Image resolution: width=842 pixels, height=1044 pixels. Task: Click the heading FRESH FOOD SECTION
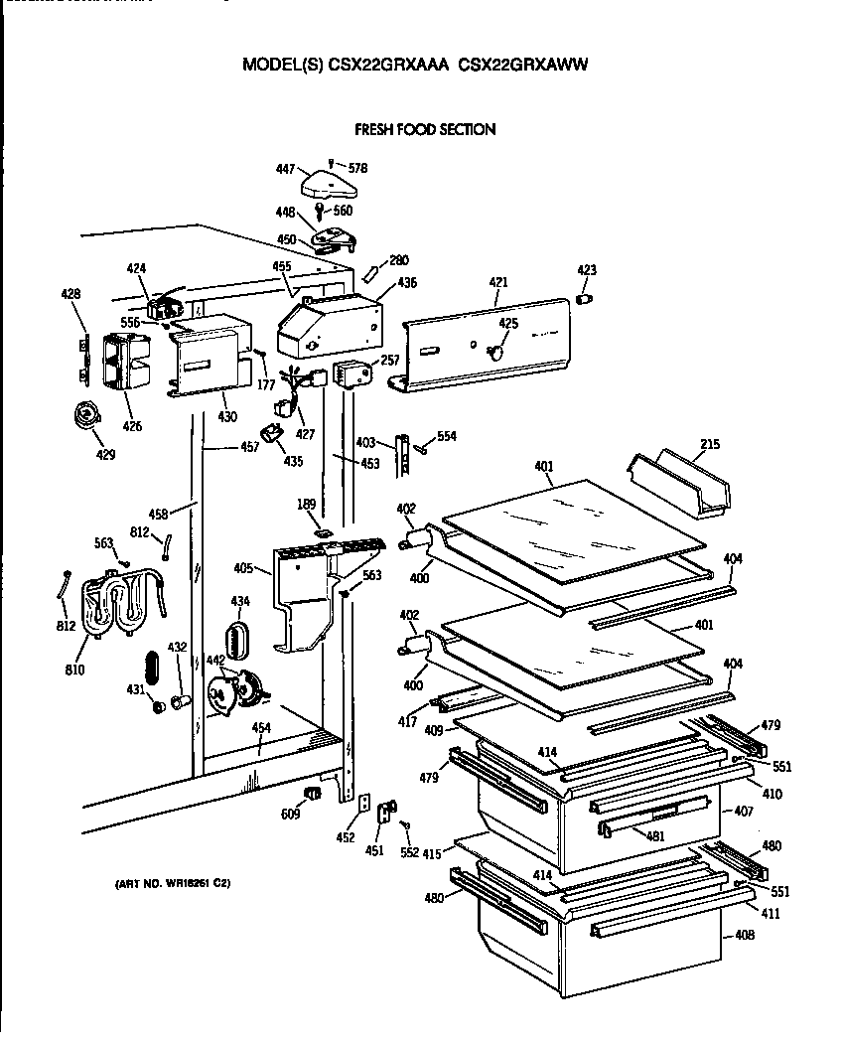click(425, 129)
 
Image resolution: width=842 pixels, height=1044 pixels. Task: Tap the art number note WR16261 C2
click(166, 883)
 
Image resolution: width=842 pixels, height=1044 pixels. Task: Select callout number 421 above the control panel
click(498, 284)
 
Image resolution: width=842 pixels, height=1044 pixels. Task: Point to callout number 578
click(357, 169)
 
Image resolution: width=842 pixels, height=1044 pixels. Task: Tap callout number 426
click(132, 427)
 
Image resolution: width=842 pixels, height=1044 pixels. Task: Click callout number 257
click(390, 361)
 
